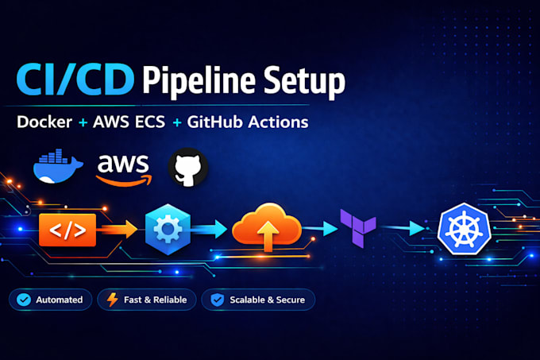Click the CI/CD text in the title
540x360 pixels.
coord(75,79)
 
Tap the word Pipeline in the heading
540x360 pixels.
coord(199,81)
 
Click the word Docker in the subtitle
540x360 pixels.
coord(44,122)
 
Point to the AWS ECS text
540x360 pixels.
coord(129,122)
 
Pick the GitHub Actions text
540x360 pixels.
coord(248,122)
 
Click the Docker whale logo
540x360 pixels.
coord(58,166)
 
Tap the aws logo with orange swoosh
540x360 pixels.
coord(124,170)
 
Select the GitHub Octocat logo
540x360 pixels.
coord(188,168)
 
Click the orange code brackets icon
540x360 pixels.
coord(67,230)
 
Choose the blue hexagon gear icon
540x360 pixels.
coord(168,229)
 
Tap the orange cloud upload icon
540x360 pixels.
coord(267,227)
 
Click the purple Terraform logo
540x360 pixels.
coord(358,228)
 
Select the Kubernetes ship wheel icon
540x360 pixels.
coord(465,229)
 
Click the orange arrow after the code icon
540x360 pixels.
coord(119,230)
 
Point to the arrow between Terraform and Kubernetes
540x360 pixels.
coord(403,228)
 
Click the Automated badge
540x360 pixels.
coord(51,300)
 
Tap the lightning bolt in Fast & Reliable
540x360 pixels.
coord(112,300)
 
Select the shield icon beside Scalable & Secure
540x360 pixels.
coord(218,300)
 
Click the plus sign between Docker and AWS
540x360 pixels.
coord(83,122)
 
